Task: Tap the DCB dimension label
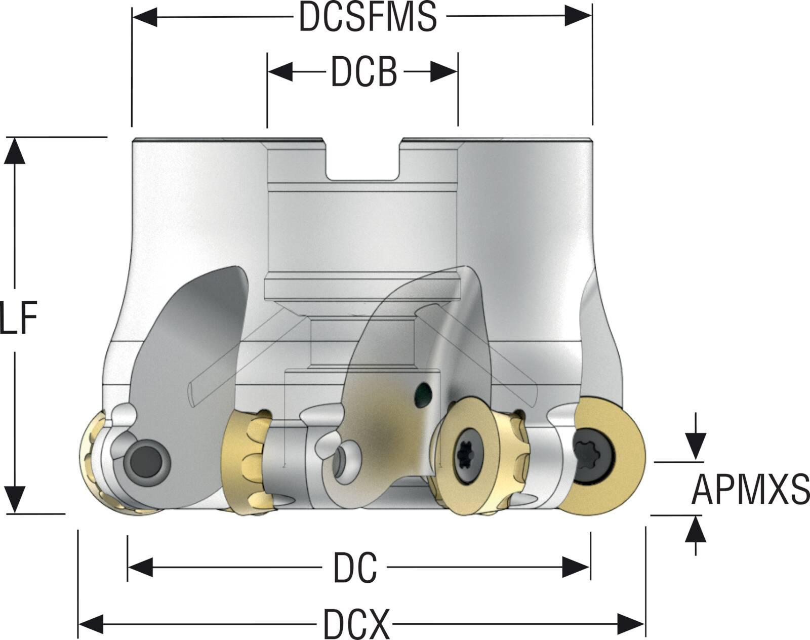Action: coord(363,72)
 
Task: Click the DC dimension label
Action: coord(354,568)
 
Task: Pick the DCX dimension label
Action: coord(356,624)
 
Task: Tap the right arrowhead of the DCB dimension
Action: coord(444,72)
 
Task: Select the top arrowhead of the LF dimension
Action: coord(15,150)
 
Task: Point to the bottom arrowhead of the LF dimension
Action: coord(15,499)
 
